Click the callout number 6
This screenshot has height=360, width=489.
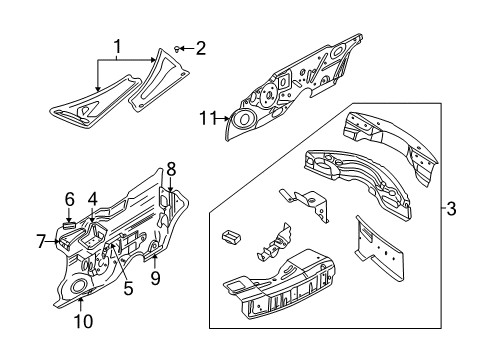click(x=70, y=199)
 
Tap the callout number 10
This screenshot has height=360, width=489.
click(x=83, y=322)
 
